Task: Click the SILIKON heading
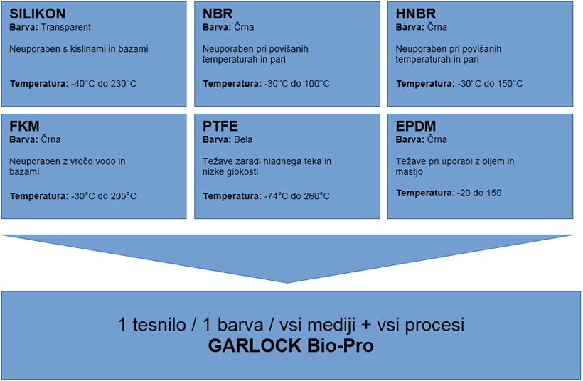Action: click(x=37, y=14)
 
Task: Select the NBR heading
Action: click(x=218, y=14)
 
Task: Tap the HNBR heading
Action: click(x=416, y=14)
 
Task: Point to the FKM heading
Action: click(x=24, y=127)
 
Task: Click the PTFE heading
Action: click(x=220, y=127)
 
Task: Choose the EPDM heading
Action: click(x=416, y=127)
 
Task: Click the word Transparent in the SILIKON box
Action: click(x=66, y=27)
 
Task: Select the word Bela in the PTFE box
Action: click(x=243, y=140)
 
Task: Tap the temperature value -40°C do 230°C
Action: click(x=104, y=84)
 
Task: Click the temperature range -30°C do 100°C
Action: click(x=297, y=84)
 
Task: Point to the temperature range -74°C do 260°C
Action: click(x=297, y=196)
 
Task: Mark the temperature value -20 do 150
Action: click(x=479, y=193)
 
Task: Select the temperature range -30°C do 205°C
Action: click(x=104, y=196)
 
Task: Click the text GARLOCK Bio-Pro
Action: click(x=291, y=345)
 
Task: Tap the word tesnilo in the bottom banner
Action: click(x=159, y=325)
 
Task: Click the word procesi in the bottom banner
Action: click(x=434, y=326)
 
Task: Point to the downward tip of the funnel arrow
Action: click(x=287, y=283)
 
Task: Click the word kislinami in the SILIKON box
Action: click(x=88, y=49)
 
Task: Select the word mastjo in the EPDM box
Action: click(x=410, y=172)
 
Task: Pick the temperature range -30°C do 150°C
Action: click(x=490, y=84)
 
